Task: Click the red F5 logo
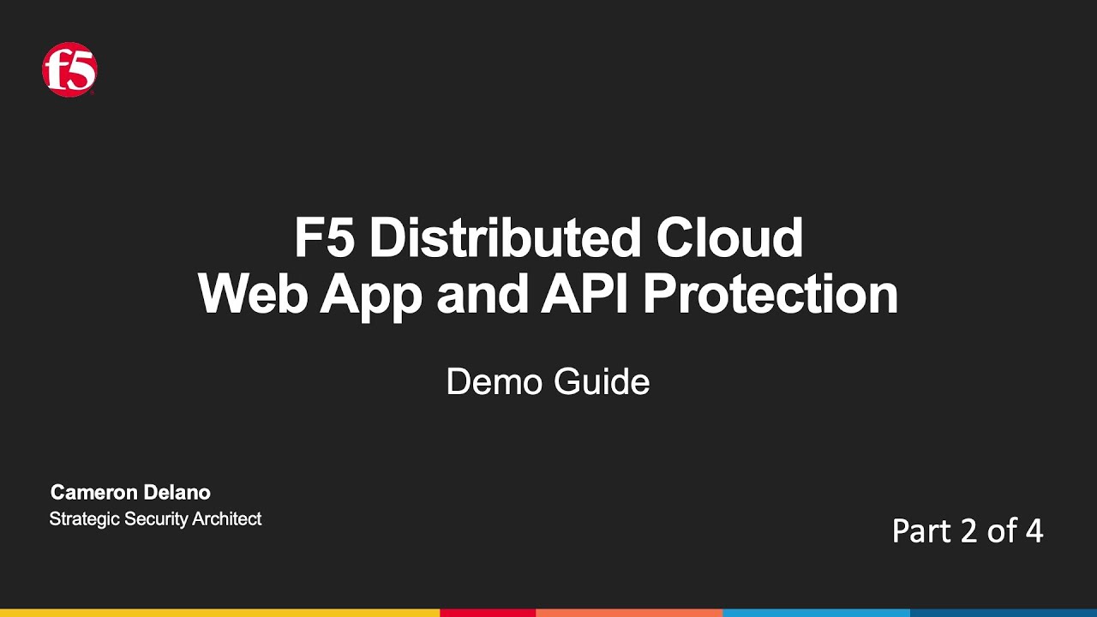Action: coord(69,70)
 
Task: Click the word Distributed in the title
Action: coord(506,238)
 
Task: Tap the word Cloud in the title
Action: coord(730,238)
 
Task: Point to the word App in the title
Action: coord(372,296)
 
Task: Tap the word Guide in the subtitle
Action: coord(602,381)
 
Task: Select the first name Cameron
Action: coord(93,493)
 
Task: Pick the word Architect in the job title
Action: coord(229,518)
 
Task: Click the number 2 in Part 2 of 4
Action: coord(968,531)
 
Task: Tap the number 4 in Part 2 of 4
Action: coord(1034,531)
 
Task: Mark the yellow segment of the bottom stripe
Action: coord(219,613)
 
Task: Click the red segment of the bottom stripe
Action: coord(488,613)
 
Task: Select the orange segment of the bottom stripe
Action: coord(629,613)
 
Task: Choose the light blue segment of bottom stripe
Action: coord(816,613)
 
